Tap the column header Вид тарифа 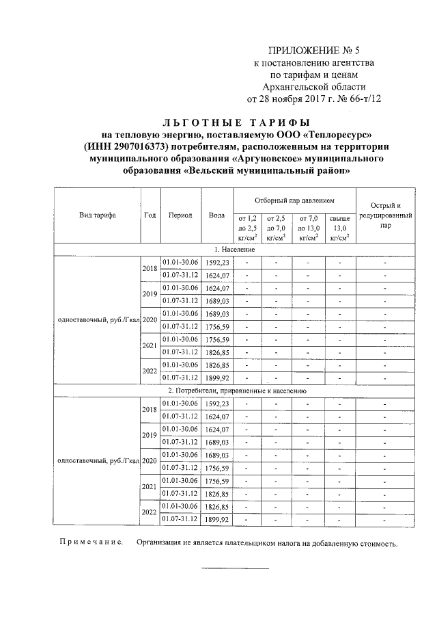point(97,215)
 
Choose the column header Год point(150,215)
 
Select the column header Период point(180,215)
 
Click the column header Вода point(217,215)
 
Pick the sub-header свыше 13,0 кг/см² point(339,228)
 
